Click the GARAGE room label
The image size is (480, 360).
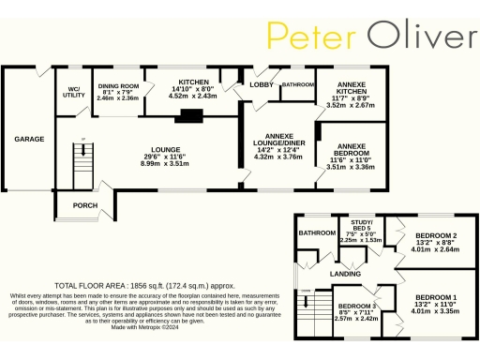pyautogui.click(x=29, y=139)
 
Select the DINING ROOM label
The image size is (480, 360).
pyautogui.click(x=118, y=87)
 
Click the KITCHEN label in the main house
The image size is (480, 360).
pyautogui.click(x=193, y=82)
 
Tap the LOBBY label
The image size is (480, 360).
pyautogui.click(x=261, y=84)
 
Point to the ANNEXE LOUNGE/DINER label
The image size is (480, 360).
pyautogui.click(x=279, y=137)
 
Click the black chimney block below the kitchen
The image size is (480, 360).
pyautogui.click(x=191, y=117)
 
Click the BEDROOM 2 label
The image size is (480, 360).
pyautogui.click(x=436, y=234)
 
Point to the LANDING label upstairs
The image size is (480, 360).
pyautogui.click(x=345, y=273)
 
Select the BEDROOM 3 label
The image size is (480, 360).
pyautogui.click(x=355, y=307)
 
